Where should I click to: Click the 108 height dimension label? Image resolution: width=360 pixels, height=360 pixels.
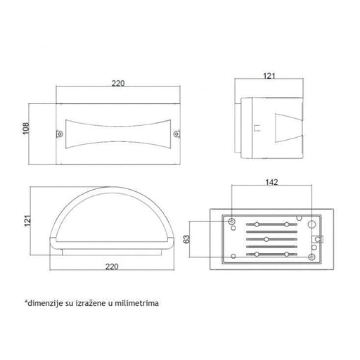(26, 129)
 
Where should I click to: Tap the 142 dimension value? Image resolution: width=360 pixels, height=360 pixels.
(271, 182)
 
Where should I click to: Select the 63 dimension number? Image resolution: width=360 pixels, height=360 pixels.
(187, 239)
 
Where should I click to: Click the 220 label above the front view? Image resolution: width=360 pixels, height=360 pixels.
(118, 83)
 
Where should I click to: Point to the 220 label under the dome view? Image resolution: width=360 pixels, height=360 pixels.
(112, 266)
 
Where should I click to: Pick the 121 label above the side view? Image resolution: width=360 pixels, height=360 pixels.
(269, 76)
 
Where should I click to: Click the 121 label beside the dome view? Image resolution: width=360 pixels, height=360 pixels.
(27, 220)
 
